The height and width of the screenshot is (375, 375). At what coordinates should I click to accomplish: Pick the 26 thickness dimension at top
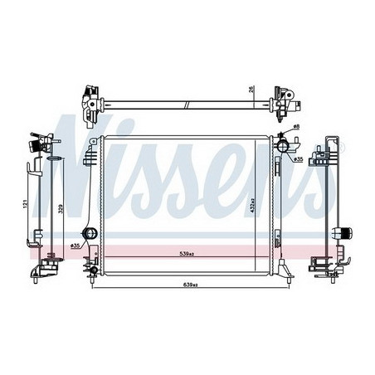(251, 90)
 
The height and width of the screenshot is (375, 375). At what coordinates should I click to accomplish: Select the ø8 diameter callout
(298, 127)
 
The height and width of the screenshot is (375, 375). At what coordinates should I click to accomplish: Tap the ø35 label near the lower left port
(75, 246)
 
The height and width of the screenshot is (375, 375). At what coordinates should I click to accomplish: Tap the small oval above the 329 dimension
(53, 157)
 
